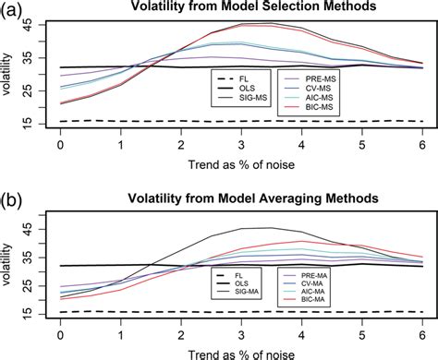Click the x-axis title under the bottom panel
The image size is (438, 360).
[242, 351]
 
